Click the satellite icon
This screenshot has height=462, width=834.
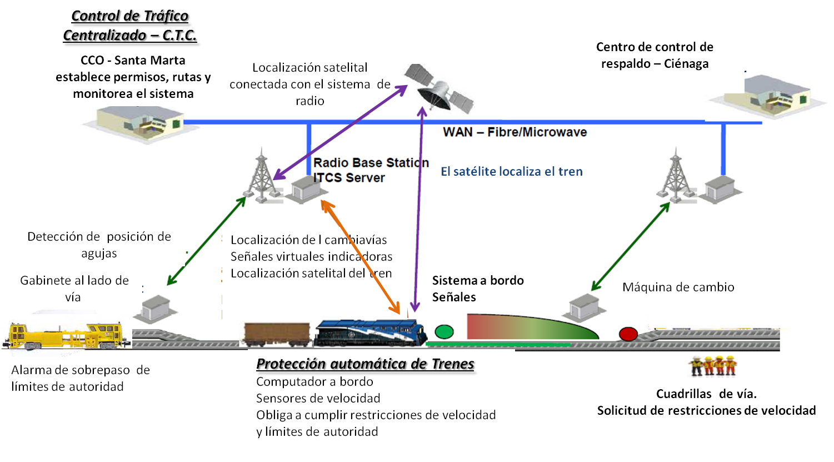click(x=439, y=89)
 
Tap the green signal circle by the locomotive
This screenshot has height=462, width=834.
click(x=444, y=332)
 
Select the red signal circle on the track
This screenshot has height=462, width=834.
click(x=628, y=334)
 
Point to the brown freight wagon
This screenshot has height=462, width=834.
click(x=276, y=334)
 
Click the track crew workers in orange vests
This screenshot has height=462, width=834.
click(x=712, y=366)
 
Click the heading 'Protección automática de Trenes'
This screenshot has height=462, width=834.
click(x=365, y=364)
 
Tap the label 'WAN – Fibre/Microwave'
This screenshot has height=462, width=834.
click(x=515, y=132)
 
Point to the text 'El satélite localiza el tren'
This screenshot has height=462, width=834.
click(x=512, y=172)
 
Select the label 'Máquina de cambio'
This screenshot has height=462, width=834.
click(x=678, y=287)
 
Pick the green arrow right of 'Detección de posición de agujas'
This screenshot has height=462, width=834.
click(x=206, y=241)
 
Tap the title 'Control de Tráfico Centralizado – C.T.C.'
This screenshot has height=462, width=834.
click(x=130, y=26)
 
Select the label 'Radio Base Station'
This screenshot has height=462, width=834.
click(x=371, y=163)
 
